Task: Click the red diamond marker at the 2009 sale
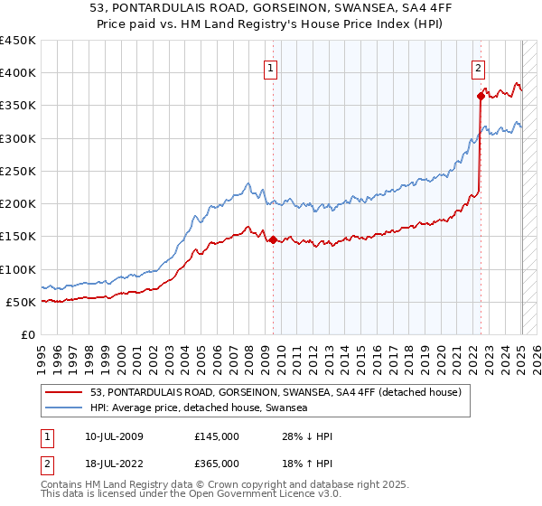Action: point(273,239)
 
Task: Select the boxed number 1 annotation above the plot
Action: point(271,66)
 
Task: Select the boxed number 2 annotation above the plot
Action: point(478,66)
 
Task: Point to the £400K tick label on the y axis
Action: point(18,73)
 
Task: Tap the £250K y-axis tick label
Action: point(18,171)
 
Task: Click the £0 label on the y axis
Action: point(28,334)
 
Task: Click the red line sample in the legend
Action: point(63,392)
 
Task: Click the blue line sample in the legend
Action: point(63,408)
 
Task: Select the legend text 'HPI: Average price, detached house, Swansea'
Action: point(199,408)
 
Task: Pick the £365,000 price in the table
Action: point(217,464)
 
